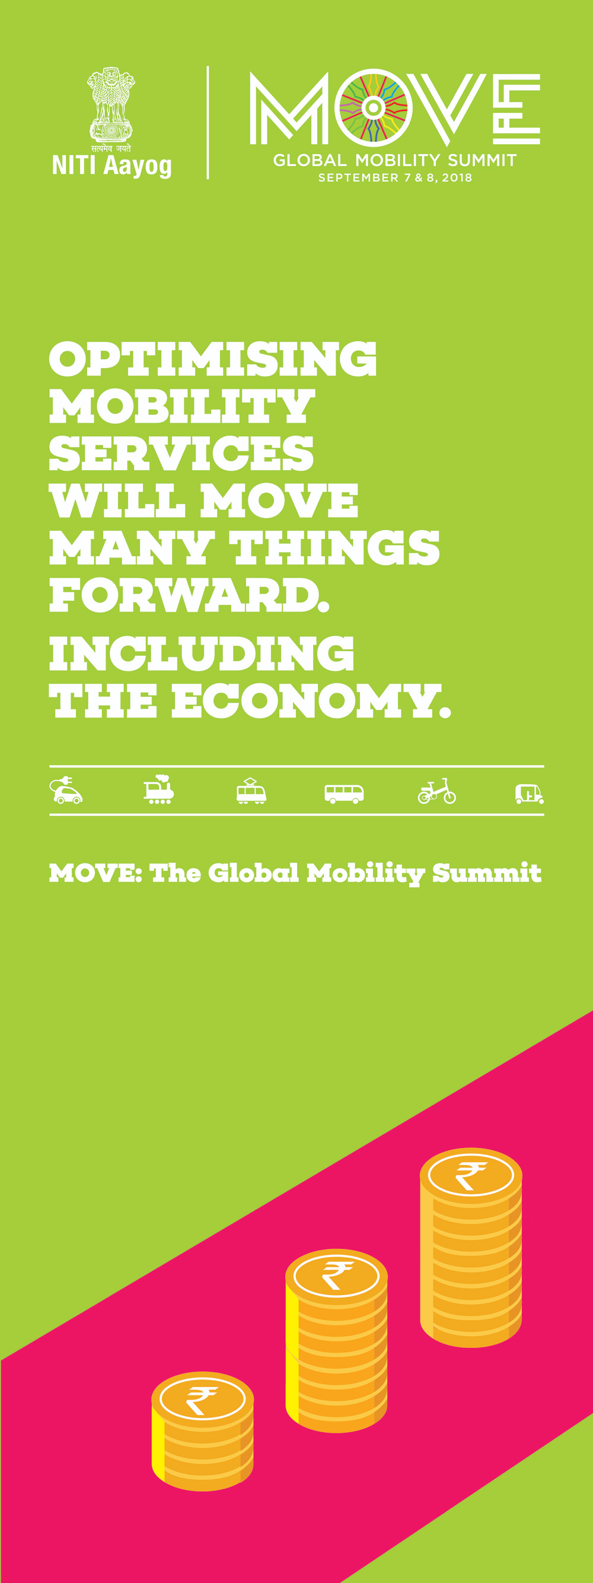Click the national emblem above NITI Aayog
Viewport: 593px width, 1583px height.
110,105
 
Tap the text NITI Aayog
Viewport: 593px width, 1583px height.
111,166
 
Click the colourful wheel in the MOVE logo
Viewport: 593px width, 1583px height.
372,107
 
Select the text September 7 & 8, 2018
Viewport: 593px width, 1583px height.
395,177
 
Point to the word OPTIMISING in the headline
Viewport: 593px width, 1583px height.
212,359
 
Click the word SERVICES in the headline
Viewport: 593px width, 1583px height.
181,453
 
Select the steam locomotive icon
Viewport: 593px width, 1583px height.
159,789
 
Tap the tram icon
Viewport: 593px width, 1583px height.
251,791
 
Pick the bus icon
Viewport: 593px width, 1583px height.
344,794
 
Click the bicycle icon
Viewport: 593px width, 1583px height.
437,792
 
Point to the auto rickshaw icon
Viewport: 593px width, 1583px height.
529,794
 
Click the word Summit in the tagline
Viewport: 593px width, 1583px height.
487,873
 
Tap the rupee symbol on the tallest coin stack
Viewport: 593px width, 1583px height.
470,1175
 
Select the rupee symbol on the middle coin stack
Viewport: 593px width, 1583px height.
337,1274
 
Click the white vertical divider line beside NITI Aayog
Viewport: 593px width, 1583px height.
208,122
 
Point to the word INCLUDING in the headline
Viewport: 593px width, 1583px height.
202,653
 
